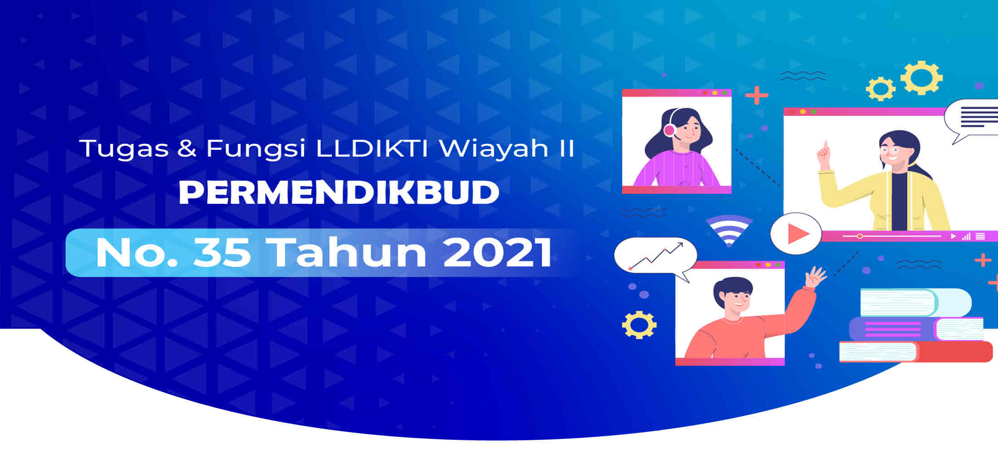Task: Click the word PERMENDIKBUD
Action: click(x=339, y=193)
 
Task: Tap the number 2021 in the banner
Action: click(x=497, y=252)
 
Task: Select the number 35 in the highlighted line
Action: click(x=222, y=252)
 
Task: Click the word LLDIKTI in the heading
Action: click(x=372, y=148)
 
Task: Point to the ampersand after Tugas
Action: click(x=187, y=148)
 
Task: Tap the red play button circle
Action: click(x=796, y=233)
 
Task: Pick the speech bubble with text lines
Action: click(x=972, y=120)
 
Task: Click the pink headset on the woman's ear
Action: click(x=669, y=130)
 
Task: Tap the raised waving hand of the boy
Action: click(x=815, y=277)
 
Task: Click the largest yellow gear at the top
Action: click(x=921, y=78)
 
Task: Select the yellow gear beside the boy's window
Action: click(x=639, y=325)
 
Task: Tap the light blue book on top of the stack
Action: click(x=916, y=302)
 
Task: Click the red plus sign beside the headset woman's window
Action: click(x=757, y=95)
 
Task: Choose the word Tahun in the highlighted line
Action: click(x=347, y=252)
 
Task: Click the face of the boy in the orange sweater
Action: click(x=738, y=299)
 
